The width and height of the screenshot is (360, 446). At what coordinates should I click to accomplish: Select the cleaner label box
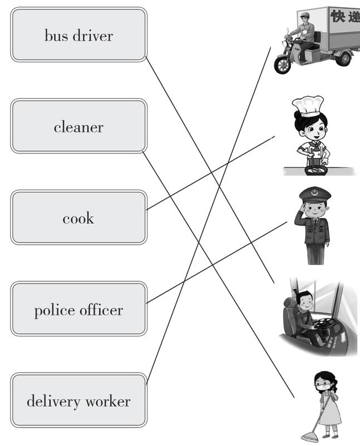pos(78,126)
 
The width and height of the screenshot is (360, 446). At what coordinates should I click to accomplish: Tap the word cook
pos(78,218)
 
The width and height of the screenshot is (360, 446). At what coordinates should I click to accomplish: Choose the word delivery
pos(52,401)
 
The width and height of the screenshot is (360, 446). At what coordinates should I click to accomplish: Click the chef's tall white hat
pos(307,105)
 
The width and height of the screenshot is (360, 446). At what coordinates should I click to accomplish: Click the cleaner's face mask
pos(323,385)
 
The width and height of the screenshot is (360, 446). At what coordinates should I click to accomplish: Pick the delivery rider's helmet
pos(304,15)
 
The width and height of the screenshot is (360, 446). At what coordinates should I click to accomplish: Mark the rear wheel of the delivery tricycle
pos(343,57)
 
